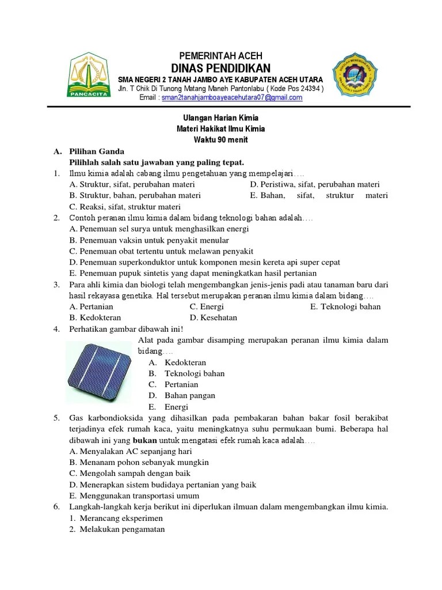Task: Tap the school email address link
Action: tap(232, 98)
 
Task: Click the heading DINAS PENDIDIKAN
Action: tap(221, 67)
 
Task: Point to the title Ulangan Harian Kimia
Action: tap(221, 118)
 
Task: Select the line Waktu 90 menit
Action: tap(221, 140)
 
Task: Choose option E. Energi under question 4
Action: tap(168, 407)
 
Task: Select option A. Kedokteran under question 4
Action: tap(177, 362)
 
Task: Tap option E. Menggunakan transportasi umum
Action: tap(134, 496)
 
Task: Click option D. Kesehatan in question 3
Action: tap(214, 317)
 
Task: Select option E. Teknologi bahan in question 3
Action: tap(345, 307)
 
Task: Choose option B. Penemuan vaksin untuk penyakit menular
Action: tap(149, 240)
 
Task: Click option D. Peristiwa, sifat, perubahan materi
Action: tap(315, 184)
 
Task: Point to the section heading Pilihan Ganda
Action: tap(96, 151)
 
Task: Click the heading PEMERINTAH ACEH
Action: tap(221, 55)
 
